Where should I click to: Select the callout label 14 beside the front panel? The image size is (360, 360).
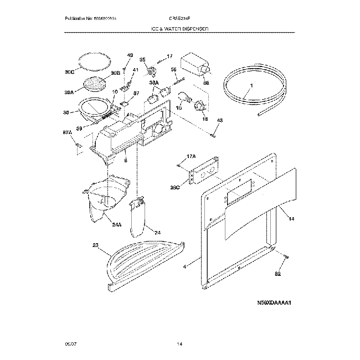click(291, 219)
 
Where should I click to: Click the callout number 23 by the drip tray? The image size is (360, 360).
click(95, 245)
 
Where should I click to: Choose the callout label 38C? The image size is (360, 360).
click(176, 188)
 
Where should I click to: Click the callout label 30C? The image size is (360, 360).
click(69, 72)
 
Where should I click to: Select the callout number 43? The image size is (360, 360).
click(219, 120)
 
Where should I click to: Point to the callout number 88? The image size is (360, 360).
click(206, 83)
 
